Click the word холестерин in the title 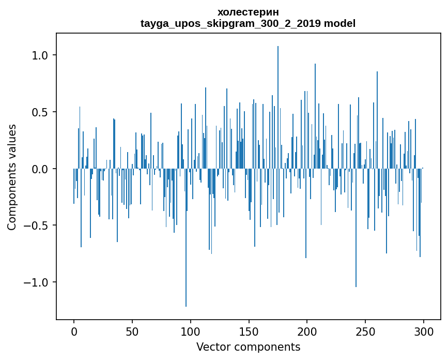tap(248, 12)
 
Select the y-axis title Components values tap(12, 176)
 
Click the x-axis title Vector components tap(248, 347)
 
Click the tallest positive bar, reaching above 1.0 tap(278, 103)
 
